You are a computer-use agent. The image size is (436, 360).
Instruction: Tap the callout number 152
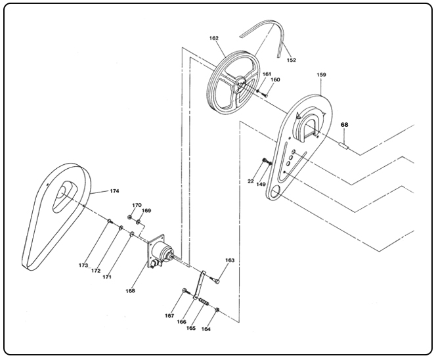[x=292, y=60]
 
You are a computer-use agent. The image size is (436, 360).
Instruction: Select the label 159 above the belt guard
[x=321, y=75]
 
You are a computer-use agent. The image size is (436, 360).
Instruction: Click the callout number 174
[x=114, y=191]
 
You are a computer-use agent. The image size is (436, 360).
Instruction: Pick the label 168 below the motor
[x=131, y=290]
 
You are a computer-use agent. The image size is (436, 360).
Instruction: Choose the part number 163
[x=230, y=261]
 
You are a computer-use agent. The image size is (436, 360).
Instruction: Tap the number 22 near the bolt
[x=250, y=181]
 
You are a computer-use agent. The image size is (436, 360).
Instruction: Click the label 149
[x=261, y=185]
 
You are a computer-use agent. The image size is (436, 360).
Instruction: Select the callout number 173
[x=83, y=265]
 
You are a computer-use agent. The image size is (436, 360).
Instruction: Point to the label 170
[x=137, y=205]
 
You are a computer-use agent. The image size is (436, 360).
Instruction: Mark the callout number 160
[x=275, y=79]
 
